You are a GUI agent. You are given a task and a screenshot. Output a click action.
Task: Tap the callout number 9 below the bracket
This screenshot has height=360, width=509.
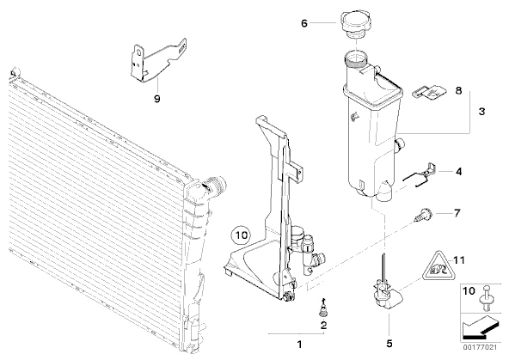pyautogui.click(x=157, y=99)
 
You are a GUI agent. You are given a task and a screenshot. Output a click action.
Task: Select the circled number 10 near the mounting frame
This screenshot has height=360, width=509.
pyautogui.click(x=242, y=235)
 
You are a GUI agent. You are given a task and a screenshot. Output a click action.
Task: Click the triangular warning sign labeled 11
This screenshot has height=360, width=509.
pyautogui.click(x=439, y=266)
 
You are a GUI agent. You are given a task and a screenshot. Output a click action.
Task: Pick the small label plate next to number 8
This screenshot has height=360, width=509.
pyautogui.click(x=429, y=92)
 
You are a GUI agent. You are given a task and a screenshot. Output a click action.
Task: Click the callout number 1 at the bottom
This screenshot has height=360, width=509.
pyautogui.click(x=299, y=345)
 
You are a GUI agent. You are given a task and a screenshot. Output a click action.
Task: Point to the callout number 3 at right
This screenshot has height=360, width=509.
pyautogui.click(x=481, y=112)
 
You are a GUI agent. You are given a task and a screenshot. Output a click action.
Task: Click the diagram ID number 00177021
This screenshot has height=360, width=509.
pyautogui.click(x=480, y=347)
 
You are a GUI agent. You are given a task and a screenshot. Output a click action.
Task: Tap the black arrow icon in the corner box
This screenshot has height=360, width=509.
pyautogui.click(x=479, y=328)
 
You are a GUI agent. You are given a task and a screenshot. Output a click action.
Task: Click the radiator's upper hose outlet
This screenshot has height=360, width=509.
pyautogui.click(x=215, y=186)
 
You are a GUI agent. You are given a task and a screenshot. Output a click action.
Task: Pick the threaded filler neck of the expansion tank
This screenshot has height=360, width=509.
pyautogui.click(x=355, y=59)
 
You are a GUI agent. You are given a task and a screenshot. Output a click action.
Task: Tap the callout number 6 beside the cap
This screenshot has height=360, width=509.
pyautogui.click(x=304, y=23)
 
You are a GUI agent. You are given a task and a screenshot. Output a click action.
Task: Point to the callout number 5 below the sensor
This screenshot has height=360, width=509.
pyautogui.click(x=389, y=344)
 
